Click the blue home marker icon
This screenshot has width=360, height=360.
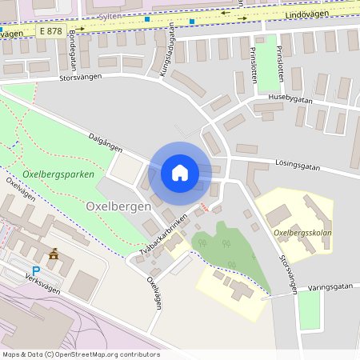(x=180, y=173)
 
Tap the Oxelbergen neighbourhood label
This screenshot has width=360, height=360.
(x=118, y=206)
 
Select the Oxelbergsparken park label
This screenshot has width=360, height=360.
(x=58, y=174)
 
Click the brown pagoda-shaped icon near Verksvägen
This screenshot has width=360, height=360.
(x=54, y=254)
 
